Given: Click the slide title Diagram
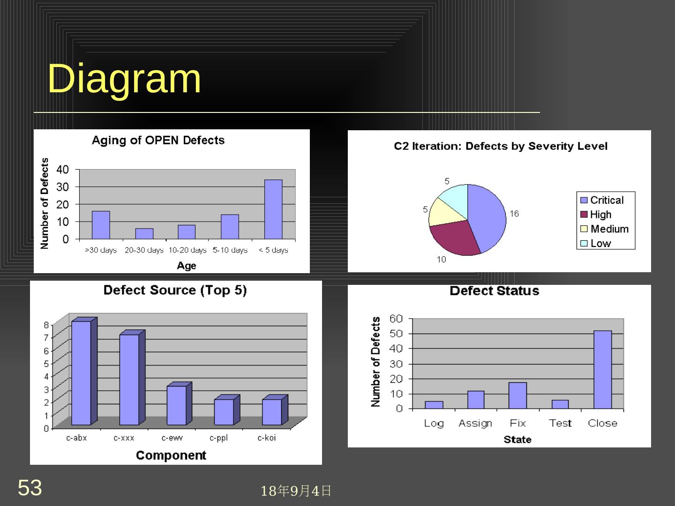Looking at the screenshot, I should (124, 78).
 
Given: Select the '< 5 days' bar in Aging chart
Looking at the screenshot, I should (273, 209).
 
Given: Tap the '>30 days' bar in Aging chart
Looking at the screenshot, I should (101, 225).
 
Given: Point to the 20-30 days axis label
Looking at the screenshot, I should (144, 250).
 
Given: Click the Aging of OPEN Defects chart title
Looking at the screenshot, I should (158, 140).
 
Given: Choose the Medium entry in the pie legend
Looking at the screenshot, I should (609, 229).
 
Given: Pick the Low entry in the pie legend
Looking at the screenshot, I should (600, 243).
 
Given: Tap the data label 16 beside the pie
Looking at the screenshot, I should (514, 214).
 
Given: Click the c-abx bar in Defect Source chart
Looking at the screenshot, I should (81, 372).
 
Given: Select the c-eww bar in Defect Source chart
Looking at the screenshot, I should (177, 405).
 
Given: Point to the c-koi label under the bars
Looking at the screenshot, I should (267, 438).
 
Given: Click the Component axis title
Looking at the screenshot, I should (171, 455).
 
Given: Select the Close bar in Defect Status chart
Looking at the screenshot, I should (602, 370).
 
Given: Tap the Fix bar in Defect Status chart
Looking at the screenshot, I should (517, 395).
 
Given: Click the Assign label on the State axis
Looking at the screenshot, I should (475, 423).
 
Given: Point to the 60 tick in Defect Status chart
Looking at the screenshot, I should (396, 319).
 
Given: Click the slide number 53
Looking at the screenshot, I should (30, 488).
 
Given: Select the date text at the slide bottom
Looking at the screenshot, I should (296, 491).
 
